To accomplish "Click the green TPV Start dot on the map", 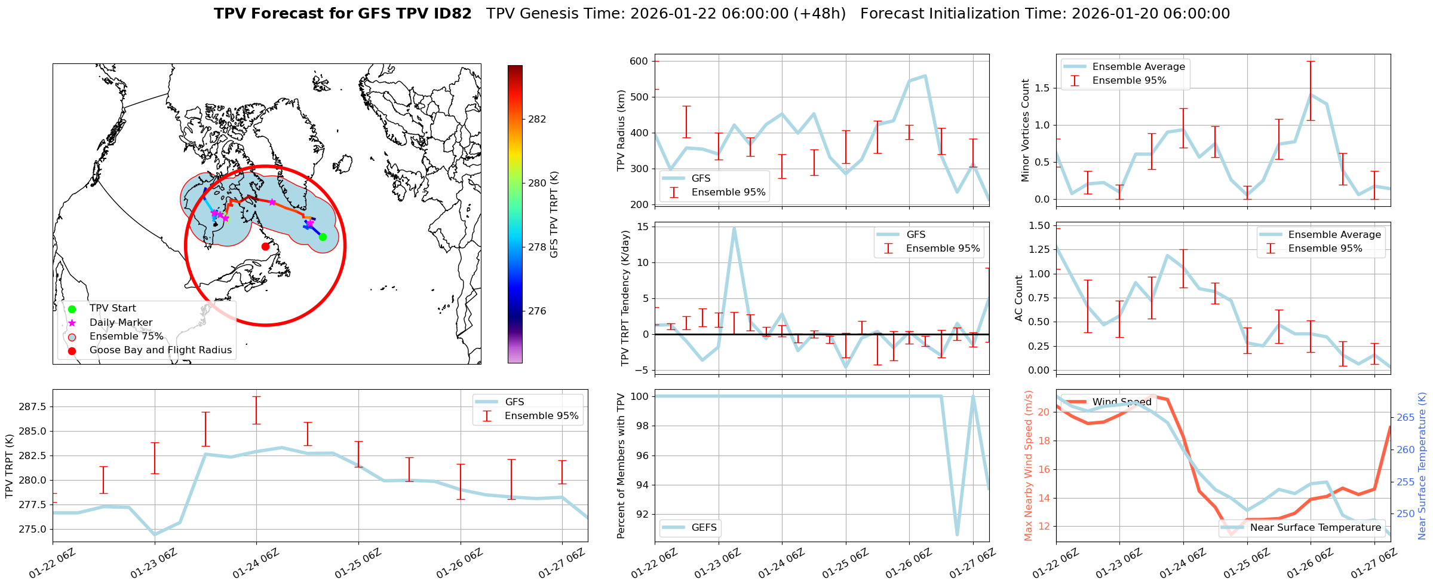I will (323, 237).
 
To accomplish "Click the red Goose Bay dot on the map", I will (265, 246).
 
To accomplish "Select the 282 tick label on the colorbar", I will (537, 119).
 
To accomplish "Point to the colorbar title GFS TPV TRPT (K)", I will (554, 215).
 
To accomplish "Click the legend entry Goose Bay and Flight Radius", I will (160, 350).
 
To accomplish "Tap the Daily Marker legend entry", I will (121, 322).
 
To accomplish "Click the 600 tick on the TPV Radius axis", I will (639, 61).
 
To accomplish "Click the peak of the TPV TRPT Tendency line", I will (734, 228).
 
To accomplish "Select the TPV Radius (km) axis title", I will (621, 130).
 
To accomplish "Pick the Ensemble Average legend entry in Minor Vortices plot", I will (1138, 67).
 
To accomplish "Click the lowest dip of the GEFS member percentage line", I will (958, 534).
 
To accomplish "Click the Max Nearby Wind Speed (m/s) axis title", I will (1028, 466).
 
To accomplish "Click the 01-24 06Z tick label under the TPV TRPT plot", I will (256, 564).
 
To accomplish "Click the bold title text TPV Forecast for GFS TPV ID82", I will (343, 14).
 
